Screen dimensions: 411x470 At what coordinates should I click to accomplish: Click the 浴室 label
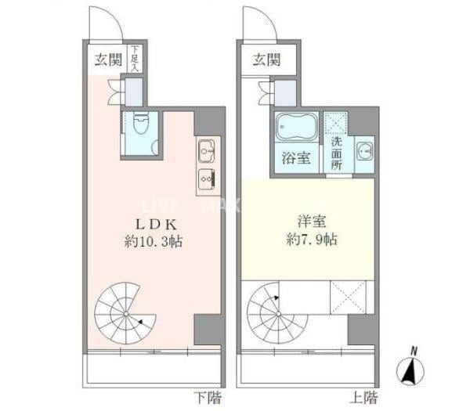(296, 157)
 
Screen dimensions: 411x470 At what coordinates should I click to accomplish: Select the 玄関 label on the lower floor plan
(106, 60)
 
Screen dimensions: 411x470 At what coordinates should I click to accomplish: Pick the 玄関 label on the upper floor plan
(266, 60)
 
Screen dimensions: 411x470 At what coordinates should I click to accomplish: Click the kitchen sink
(207, 147)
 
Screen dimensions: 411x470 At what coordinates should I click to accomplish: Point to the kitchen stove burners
(207, 177)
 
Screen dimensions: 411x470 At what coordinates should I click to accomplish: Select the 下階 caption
(207, 397)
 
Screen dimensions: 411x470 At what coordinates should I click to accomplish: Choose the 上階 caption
(360, 397)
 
